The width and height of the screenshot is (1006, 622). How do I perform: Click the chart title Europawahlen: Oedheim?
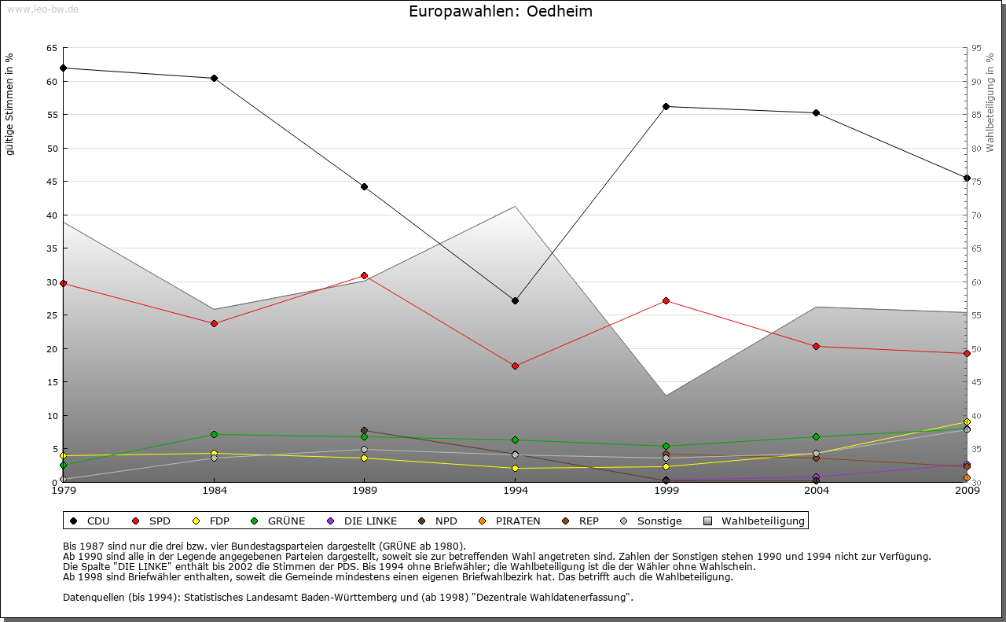click(x=501, y=12)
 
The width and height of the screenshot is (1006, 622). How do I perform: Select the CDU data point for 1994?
click(x=515, y=300)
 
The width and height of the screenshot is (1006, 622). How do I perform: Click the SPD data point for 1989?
click(x=364, y=275)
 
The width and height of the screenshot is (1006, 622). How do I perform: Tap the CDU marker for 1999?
click(x=666, y=106)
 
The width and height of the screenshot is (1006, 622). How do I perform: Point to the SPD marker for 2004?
click(x=817, y=346)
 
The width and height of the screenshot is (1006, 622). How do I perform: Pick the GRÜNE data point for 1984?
click(x=214, y=434)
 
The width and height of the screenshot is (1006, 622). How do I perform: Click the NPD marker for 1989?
click(x=364, y=430)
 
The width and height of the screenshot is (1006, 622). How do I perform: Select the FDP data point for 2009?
click(x=967, y=421)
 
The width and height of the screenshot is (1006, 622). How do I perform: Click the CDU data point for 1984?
click(x=214, y=78)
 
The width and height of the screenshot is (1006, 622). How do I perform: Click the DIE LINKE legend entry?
click(x=362, y=521)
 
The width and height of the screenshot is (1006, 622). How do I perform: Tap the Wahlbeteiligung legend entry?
click(x=754, y=521)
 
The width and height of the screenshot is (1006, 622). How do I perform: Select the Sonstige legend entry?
click(x=652, y=521)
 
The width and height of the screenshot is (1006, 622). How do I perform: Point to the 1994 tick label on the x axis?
click(x=515, y=491)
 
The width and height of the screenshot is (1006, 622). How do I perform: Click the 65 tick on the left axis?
click(x=51, y=48)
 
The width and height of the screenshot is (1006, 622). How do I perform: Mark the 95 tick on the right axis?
click(x=975, y=48)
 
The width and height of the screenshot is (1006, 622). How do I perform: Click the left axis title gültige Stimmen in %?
click(x=10, y=104)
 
